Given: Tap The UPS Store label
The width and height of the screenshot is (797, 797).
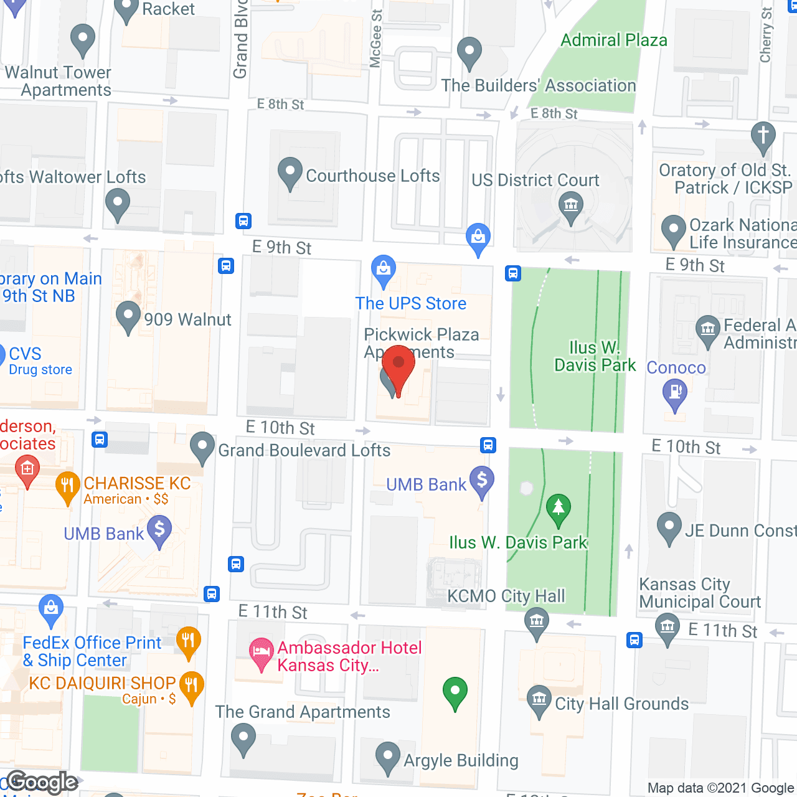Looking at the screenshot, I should pos(410,303).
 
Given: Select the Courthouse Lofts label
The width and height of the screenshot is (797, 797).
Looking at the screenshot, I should pos(372,176).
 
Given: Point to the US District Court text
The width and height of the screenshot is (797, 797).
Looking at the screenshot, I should pos(535,181).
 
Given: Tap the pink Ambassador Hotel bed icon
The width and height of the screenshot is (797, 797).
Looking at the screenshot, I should pos(261,652).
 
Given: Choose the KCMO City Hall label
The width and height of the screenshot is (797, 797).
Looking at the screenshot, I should pos(506,597).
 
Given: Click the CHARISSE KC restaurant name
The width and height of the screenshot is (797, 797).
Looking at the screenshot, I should pos(137,483).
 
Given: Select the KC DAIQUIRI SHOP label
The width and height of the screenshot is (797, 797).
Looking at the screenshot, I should pos(102,683).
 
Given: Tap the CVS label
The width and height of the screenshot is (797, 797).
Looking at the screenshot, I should pos(25,354).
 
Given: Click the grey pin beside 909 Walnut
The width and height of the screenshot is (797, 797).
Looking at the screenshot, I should pos(128,316).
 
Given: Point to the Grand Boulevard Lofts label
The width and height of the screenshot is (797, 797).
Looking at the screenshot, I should pos(304,450).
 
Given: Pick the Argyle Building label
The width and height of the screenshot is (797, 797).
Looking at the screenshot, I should pos(461,760).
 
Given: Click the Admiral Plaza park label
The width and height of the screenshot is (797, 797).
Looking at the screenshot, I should pos(614,40).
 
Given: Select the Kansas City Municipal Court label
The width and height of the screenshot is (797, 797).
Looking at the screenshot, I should pos(699,593).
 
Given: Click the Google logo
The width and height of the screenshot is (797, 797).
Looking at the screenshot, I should pos(42,782).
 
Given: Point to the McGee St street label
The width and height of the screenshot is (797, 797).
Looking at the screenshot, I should pos(376,39).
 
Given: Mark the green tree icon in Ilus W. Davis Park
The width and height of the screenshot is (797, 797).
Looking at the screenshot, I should pos(559,507).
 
